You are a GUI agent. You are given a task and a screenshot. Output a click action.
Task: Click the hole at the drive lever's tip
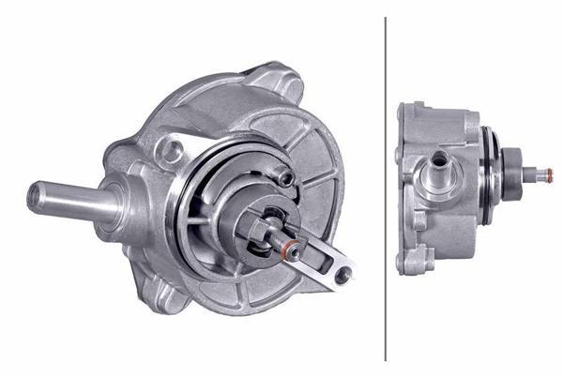pos(343,274)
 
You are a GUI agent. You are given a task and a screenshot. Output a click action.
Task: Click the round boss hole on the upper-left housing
pos(171,147)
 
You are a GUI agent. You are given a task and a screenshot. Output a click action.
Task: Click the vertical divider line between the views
pos(386,188)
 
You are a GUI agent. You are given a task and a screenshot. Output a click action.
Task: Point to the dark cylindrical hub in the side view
pos(513,173)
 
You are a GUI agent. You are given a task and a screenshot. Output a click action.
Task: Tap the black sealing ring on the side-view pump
pos(491,173)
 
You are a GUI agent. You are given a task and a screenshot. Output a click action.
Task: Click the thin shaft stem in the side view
pos(532,173)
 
